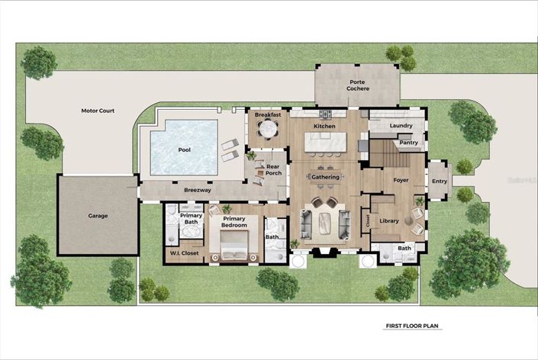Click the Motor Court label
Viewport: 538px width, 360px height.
point(98,111)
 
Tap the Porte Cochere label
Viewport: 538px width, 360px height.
point(359,85)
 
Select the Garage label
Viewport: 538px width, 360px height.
point(98,216)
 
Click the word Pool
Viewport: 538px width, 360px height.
point(184,149)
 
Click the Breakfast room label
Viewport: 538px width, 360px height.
point(268,114)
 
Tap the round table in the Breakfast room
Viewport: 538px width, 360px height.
point(268,130)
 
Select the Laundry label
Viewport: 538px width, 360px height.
point(401,125)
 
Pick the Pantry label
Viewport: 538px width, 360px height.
point(408,142)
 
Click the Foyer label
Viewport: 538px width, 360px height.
point(401,181)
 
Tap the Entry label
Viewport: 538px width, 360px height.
point(440,181)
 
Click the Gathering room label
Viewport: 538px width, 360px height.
point(325,177)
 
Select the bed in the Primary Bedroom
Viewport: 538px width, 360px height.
point(235,246)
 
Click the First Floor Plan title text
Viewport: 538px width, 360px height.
point(411,326)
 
